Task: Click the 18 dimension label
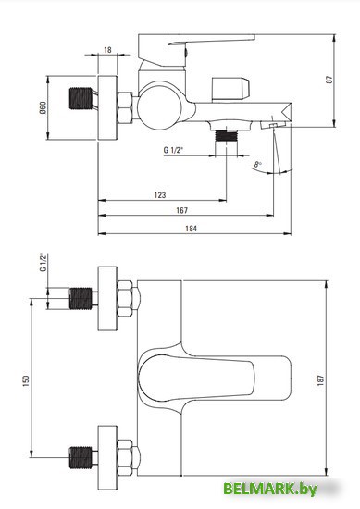pyautogui.click(x=107, y=50)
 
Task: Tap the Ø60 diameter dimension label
pyautogui.click(x=43, y=107)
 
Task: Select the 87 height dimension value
pyautogui.click(x=329, y=80)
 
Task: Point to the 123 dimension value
pyautogui.click(x=160, y=194)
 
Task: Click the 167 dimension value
pyautogui.click(x=181, y=210)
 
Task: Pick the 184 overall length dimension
pyautogui.click(x=191, y=229)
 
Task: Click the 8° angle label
pyautogui.click(x=258, y=164)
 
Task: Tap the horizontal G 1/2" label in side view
pyautogui.click(x=173, y=150)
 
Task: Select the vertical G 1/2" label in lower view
pyautogui.click(x=43, y=262)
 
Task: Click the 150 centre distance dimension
pyautogui.click(x=26, y=380)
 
